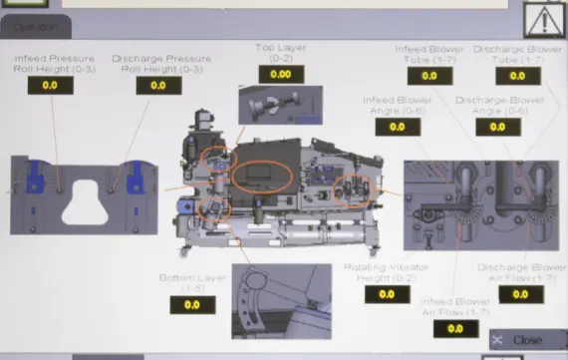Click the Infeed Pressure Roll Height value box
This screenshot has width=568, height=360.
pos(49,86)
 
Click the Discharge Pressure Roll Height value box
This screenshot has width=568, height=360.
pos(157,86)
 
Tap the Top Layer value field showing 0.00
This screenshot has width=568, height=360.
pos(280,74)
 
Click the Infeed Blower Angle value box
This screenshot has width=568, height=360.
pos(397,127)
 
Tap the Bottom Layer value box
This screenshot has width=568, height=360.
pos(191,305)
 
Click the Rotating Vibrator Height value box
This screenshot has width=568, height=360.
pos(380,294)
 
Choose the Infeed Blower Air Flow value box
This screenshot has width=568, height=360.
pos(455,328)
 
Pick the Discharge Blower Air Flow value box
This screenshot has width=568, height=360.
pos(523,294)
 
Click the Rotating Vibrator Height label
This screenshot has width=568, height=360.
pos(380,271)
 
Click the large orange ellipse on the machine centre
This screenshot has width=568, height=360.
pos(262,174)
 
